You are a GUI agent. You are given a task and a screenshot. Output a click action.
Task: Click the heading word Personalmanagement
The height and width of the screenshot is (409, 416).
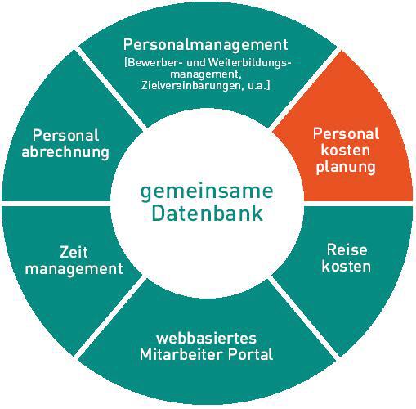206,45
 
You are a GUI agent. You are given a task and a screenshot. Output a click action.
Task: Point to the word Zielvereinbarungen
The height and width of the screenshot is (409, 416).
191,86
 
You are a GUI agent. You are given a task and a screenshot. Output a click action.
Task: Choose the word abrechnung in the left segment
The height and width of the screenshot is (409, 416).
65,152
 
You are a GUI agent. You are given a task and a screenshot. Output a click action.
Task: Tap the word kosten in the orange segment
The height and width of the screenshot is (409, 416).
346,151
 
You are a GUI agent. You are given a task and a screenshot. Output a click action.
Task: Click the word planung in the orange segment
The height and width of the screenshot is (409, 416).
346,167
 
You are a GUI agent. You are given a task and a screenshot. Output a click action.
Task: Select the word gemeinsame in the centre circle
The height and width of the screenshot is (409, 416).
207,192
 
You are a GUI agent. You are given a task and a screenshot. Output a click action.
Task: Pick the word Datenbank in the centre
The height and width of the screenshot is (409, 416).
207,213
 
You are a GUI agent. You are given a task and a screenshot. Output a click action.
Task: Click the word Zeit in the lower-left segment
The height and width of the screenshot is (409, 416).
74,252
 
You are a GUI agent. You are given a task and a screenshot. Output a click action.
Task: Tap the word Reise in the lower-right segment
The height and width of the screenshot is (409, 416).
347,249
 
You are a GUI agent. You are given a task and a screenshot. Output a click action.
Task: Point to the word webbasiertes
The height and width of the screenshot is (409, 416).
206,338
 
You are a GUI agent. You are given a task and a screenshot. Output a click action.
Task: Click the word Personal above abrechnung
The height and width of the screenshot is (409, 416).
65,135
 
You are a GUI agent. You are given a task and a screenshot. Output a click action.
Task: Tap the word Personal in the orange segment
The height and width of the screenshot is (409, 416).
346,133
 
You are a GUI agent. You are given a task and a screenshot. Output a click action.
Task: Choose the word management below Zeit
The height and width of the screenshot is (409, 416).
74,269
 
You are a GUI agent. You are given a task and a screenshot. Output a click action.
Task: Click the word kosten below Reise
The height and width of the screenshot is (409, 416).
347,266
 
